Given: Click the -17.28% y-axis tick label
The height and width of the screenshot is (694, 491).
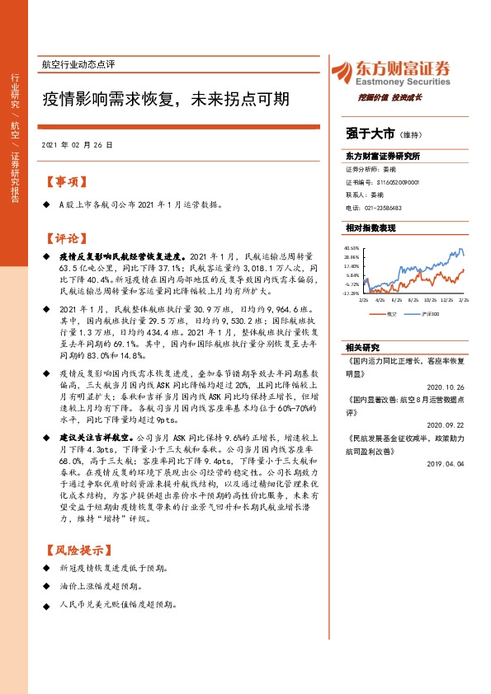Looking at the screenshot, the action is point(351,293).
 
